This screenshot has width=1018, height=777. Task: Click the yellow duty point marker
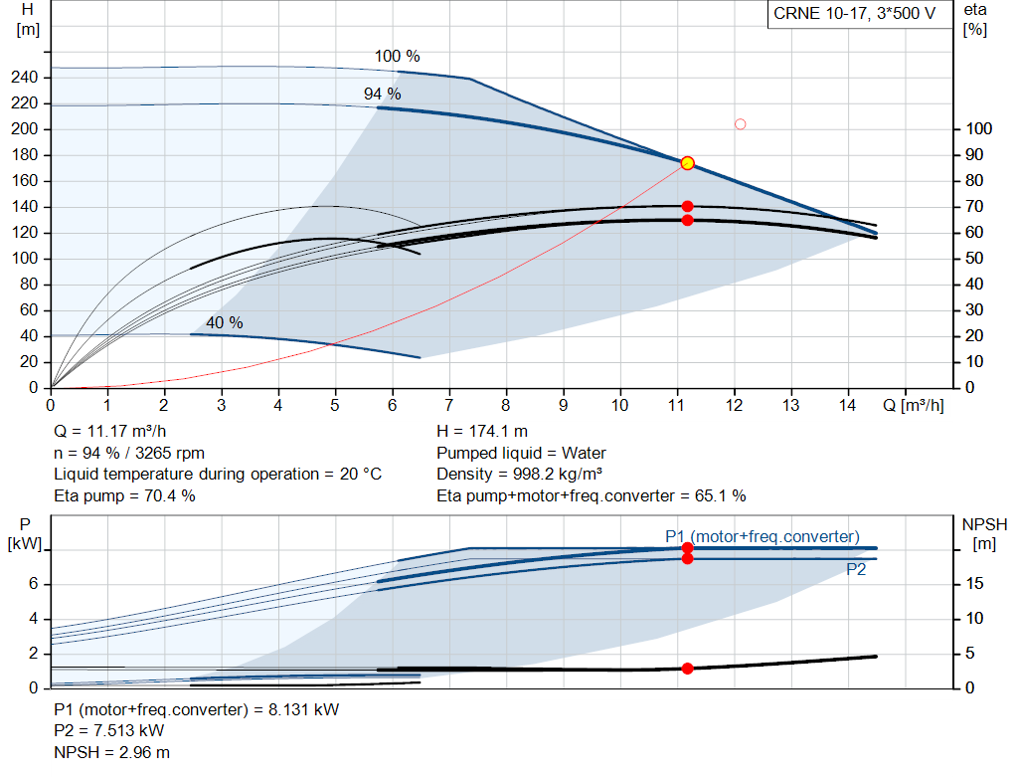click(688, 163)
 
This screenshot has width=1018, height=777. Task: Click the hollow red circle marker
click(740, 124)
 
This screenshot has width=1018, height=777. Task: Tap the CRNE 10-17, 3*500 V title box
click(854, 14)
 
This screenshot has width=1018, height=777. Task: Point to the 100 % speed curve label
click(398, 57)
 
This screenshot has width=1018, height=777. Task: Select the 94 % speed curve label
click(383, 95)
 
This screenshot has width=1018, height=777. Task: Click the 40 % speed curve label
click(225, 323)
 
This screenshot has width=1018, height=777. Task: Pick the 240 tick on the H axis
click(25, 78)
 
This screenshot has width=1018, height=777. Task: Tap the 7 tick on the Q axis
click(448, 405)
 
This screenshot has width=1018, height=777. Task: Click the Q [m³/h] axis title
click(914, 405)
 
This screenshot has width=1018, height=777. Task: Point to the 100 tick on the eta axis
click(979, 128)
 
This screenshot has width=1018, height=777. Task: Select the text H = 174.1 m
click(482, 432)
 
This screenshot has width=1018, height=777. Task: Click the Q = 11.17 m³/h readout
click(110, 432)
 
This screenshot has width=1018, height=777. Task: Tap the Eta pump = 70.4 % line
click(124, 496)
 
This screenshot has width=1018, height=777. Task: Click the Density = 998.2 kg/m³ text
click(519, 475)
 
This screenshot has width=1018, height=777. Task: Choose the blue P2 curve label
click(856, 570)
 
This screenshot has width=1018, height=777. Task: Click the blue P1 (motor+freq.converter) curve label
click(763, 536)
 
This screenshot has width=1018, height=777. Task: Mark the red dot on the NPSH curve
click(688, 669)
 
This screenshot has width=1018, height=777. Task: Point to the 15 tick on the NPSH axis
click(974, 584)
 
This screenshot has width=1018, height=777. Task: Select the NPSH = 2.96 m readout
click(111, 753)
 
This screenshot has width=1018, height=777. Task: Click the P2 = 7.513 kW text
click(109, 731)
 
